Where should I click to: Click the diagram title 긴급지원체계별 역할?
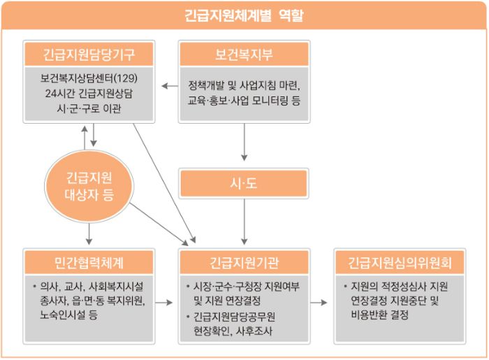244,15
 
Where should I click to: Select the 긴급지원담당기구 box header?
89,55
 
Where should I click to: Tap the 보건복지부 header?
245,55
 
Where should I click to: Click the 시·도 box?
244,183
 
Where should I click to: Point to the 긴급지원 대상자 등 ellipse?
89,186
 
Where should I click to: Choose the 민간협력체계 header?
89,262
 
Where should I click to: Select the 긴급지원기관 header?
245,262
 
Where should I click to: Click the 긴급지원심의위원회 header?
400,262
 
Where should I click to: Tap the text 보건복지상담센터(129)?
89,78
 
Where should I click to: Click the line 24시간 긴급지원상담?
89,93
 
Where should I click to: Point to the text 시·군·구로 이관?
89,108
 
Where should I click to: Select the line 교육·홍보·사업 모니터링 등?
245,101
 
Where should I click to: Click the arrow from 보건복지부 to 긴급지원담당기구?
170,86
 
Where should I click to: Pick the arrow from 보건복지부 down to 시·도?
245,142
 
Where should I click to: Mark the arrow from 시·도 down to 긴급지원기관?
245,222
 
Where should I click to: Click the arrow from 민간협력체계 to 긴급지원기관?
163,302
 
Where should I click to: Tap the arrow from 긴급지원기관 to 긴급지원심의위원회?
319,302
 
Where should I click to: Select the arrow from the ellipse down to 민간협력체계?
89,233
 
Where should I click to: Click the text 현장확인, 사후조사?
233,331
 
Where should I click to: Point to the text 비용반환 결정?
379,315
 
